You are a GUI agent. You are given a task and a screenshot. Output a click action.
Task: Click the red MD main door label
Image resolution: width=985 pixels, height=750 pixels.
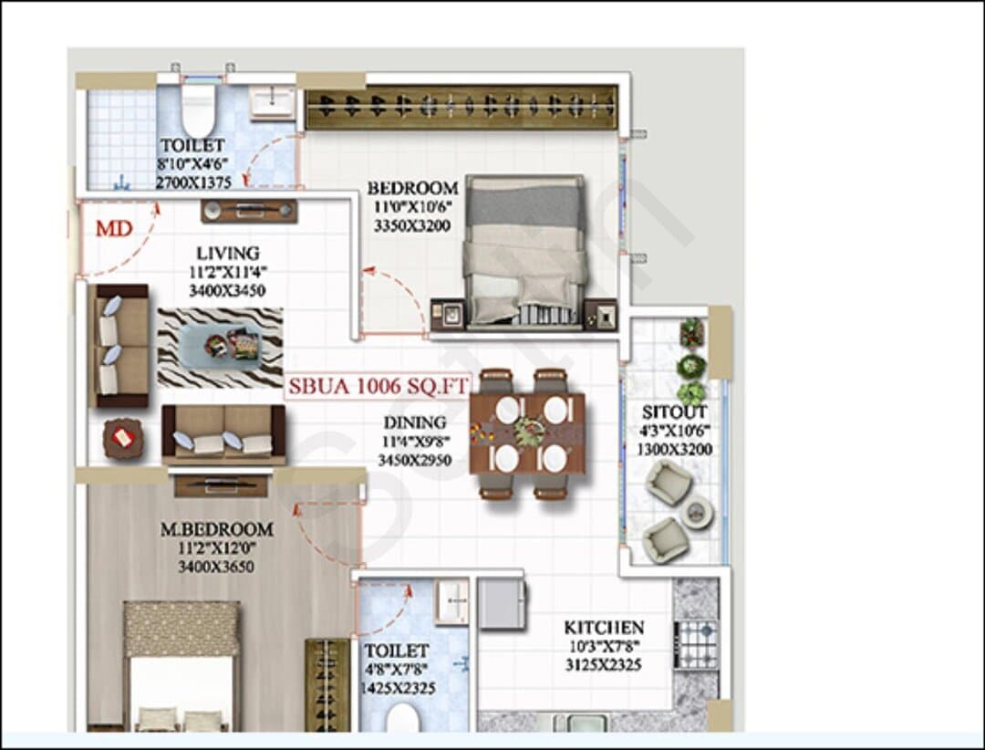coord(114,228)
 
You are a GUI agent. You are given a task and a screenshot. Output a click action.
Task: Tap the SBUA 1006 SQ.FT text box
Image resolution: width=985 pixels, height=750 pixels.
coord(378,386)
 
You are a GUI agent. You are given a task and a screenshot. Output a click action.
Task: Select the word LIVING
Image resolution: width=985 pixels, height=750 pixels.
coord(228,254)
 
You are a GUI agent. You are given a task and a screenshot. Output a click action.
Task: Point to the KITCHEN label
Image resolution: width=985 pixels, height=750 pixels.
coord(604,628)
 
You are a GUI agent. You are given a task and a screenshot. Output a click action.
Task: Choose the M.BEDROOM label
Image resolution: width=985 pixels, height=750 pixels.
coord(217,529)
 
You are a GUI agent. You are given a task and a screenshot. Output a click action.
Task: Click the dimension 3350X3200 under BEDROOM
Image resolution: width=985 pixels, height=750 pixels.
coord(412,225)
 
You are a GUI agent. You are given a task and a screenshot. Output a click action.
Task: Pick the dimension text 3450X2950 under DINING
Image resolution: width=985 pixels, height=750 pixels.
coord(415,460)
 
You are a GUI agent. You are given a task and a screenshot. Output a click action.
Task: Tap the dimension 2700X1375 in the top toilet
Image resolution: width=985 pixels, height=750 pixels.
coord(193,182)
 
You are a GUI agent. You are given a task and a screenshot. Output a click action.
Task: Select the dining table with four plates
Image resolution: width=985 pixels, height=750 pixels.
coord(528,433)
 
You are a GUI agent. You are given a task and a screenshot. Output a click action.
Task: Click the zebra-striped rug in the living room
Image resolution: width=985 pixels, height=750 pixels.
coord(220,347)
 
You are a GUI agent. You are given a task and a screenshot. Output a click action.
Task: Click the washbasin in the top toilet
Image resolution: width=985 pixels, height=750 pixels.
coord(272,103)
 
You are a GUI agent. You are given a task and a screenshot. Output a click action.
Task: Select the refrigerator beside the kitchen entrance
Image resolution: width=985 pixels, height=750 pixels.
coord(502,604)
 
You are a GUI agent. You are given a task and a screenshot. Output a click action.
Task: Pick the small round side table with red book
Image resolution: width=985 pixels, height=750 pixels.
coord(122,438)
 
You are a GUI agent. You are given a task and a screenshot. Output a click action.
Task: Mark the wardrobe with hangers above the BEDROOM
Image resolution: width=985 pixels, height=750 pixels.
coord(461,107)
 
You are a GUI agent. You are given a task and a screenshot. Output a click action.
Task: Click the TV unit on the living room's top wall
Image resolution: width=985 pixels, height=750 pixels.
coord(249,212)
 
